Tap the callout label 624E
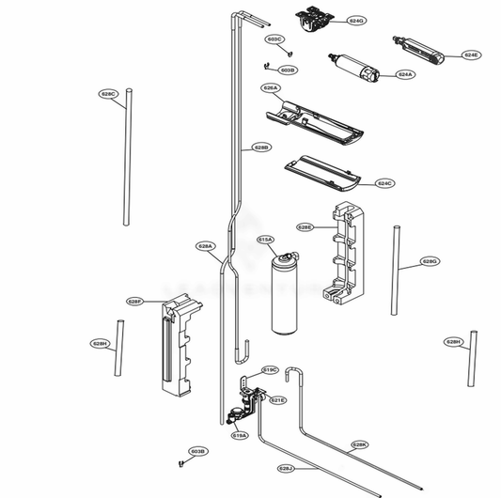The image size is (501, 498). point(471,54)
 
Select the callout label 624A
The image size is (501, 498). point(405,73)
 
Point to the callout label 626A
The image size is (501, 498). point(271,87)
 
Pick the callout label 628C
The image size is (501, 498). point(108,94)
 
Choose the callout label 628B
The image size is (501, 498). point(261,148)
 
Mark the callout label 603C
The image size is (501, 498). point(274,39)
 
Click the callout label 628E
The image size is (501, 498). point(305,226)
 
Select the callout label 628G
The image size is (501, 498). point(429,260)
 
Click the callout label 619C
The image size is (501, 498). point(270,369)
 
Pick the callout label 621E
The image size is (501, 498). point(277,400)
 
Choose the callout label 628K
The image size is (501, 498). point(359,444)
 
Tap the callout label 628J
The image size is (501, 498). point(286,467)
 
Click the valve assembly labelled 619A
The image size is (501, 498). point(250,404)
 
